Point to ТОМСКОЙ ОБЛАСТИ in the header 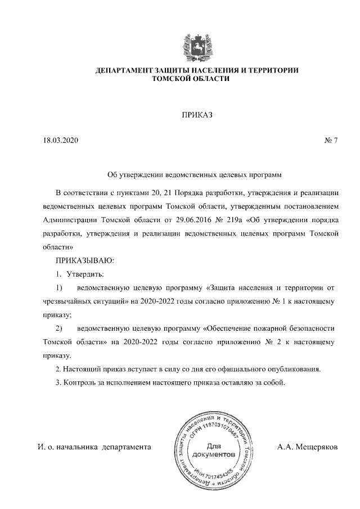click(196, 79)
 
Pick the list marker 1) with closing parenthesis click(59, 287)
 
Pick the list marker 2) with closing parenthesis click(59, 328)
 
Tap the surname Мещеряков click(308, 447)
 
